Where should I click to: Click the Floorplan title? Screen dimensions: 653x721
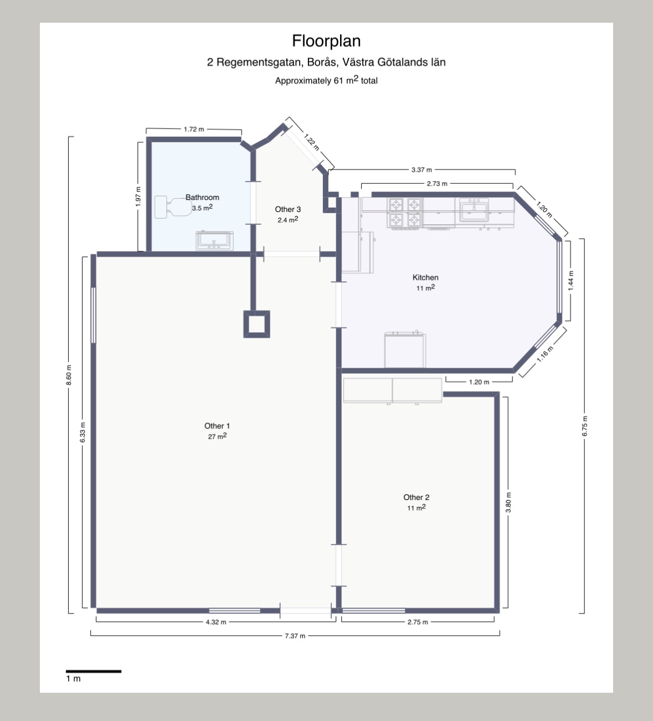click(x=326, y=41)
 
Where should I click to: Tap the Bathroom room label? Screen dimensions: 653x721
click(x=202, y=197)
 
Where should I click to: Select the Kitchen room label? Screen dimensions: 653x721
click(x=425, y=277)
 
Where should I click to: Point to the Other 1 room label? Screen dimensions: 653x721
click(x=217, y=426)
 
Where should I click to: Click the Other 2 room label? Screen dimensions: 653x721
click(x=416, y=497)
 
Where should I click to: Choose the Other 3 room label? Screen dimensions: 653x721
click(x=287, y=209)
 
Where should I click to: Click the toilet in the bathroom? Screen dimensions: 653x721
click(x=173, y=207)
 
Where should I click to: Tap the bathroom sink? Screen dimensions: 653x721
click(x=215, y=240)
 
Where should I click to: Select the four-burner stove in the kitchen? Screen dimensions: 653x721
click(x=404, y=213)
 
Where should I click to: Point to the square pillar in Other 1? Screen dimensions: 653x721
click(x=257, y=324)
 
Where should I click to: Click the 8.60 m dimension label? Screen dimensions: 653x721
click(x=69, y=375)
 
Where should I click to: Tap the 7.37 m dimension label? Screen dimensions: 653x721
click(x=295, y=636)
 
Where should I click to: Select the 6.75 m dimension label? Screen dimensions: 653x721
click(x=584, y=426)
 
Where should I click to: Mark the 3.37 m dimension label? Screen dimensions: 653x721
click(x=421, y=169)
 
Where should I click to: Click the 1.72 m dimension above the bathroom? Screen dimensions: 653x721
click(x=194, y=129)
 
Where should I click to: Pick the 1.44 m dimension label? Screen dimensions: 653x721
click(x=570, y=281)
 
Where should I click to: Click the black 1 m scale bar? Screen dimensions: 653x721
click(x=94, y=671)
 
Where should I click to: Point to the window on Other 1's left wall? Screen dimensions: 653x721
click(x=94, y=315)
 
